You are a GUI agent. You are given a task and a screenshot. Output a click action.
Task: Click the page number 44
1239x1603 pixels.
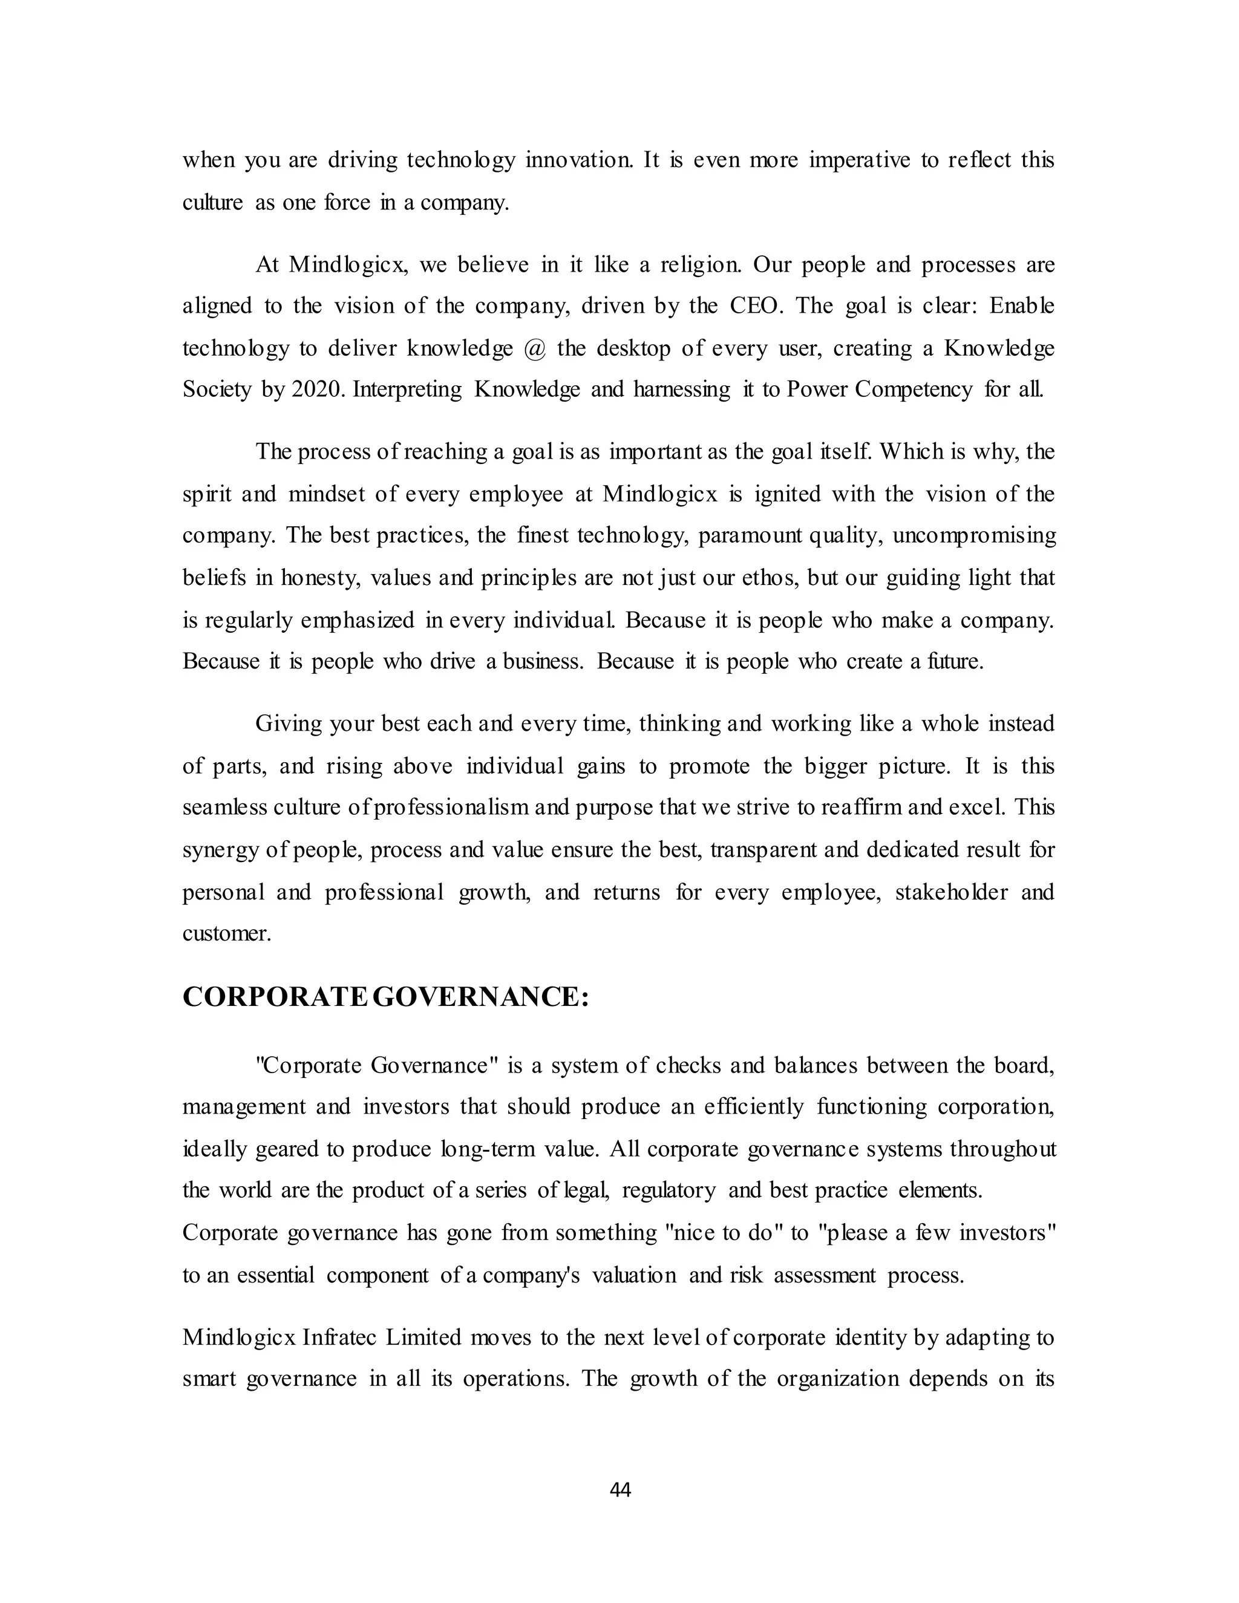[620, 1490]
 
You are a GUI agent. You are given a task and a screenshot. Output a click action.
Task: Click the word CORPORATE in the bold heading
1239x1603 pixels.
[274, 997]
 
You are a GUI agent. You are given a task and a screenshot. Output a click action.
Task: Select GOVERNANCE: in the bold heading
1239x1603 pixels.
[481, 997]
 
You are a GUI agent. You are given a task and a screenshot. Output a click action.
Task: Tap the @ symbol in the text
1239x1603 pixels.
[535, 348]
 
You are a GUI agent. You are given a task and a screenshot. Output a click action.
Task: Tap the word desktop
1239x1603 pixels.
[633, 348]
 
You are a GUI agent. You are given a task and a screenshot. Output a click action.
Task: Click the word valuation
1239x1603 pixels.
[634, 1276]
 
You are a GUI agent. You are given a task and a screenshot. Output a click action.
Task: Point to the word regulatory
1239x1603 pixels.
[669, 1190]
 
